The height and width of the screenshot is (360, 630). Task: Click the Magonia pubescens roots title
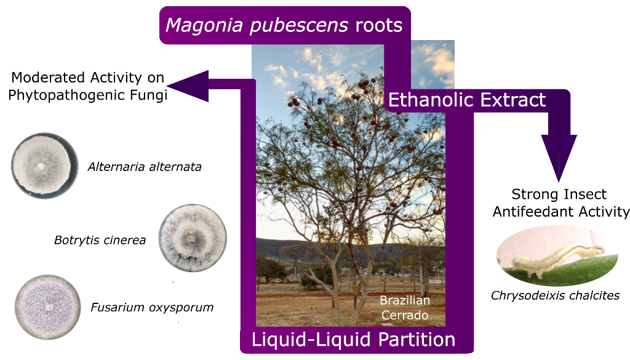pyautogui.click(x=284, y=25)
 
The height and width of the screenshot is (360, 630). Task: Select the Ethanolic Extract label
pyautogui.click(x=468, y=100)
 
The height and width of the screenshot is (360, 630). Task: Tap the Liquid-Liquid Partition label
pyautogui.click(x=353, y=340)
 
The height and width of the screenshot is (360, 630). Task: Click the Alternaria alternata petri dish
pyautogui.click(x=45, y=166)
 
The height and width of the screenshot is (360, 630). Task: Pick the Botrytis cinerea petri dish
pyautogui.click(x=193, y=238)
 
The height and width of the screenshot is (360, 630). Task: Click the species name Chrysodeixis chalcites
pyautogui.click(x=555, y=295)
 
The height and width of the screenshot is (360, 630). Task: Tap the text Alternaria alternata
pyautogui.click(x=145, y=167)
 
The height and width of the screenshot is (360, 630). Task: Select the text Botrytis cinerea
pyautogui.click(x=100, y=240)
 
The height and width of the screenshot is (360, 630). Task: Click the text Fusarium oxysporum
pyautogui.click(x=152, y=307)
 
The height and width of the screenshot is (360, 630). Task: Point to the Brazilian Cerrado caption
pyautogui.click(x=404, y=308)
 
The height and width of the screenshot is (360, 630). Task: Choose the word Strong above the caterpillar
pyautogui.click(x=533, y=194)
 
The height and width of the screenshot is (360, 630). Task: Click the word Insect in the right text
pyautogui.click(x=584, y=194)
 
